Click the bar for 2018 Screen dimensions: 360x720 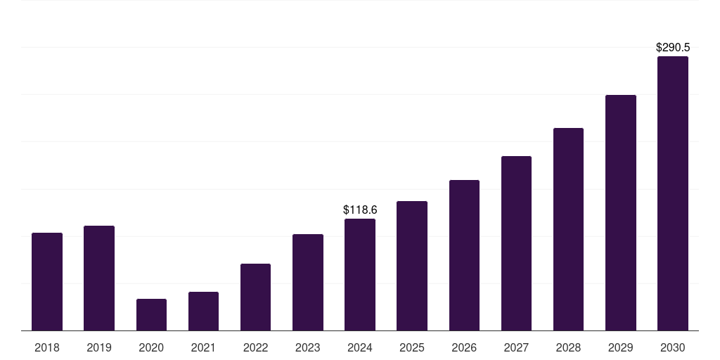click(47, 281)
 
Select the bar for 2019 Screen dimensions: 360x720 click(99, 278)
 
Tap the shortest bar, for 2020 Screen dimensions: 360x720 click(151, 314)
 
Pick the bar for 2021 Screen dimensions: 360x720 click(203, 311)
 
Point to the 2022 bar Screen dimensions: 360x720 click(255, 297)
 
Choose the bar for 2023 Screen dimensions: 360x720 click(308, 282)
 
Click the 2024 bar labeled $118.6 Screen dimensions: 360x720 click(360, 274)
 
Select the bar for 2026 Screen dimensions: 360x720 click(464, 255)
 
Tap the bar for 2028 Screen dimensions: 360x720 click(568, 229)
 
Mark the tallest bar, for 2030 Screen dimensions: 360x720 click(673, 193)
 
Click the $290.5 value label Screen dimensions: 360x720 click(673, 48)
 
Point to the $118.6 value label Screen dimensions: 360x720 click(360, 210)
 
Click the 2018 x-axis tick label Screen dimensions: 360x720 click(47, 347)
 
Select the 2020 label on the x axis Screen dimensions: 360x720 click(151, 347)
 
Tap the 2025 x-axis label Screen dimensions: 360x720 click(412, 347)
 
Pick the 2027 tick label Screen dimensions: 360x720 click(516, 347)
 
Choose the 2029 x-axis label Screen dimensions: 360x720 click(621, 347)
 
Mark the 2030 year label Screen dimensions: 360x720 click(673, 347)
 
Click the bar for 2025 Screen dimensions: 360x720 click(412, 266)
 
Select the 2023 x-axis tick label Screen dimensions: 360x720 click(308, 347)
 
